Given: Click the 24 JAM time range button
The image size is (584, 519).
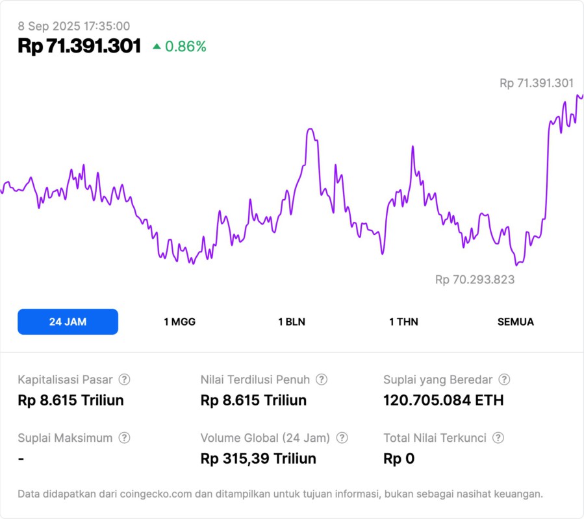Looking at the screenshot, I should tap(68, 322).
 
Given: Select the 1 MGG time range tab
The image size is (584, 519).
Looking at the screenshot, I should tap(179, 322).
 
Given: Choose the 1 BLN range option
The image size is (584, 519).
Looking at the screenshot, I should tap(292, 322).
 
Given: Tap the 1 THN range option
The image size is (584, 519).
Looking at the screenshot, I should tap(403, 322).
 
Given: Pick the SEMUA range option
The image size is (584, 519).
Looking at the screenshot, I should tap(516, 322).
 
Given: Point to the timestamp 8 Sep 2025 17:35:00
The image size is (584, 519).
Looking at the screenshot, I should tap(73, 27).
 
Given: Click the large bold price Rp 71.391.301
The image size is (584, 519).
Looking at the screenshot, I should tap(79, 46).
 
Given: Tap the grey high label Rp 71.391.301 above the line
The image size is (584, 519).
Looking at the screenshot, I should tap(537, 83).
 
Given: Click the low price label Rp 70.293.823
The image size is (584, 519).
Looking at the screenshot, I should tap(475, 280).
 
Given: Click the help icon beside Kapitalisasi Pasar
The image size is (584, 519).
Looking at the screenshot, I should tap(124, 380).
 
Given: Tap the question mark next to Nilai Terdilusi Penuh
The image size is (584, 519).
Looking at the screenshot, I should tap(322, 380).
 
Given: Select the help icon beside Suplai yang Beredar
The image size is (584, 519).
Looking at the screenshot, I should tap(504, 380).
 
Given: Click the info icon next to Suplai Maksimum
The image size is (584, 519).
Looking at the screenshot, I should tap(124, 438).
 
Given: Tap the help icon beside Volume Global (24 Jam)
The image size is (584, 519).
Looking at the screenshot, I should tap(342, 438).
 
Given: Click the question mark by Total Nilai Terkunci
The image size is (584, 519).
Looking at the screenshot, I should tap(498, 438).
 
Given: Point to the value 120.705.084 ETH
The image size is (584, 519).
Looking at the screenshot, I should tap(444, 400).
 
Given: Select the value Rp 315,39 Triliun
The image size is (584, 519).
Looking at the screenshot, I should tap(259, 459).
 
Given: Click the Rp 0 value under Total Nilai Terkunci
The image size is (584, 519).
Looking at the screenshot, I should tap(399, 459).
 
